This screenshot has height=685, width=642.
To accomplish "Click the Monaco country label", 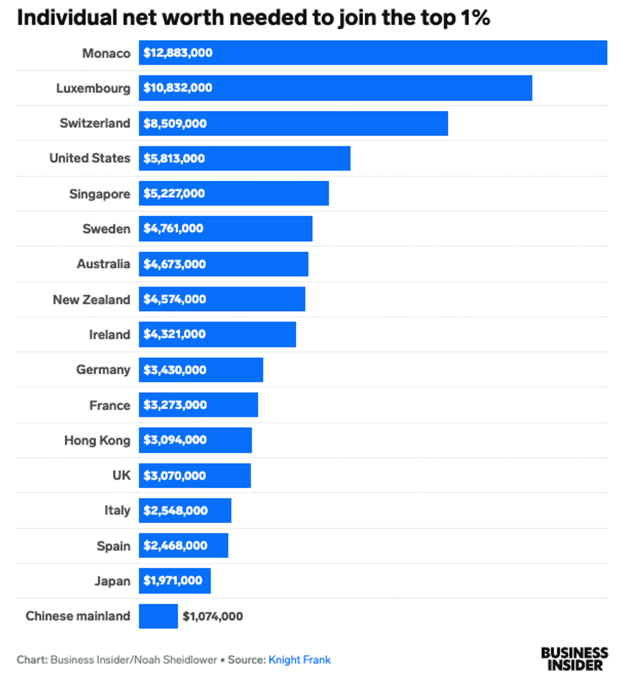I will [x=106, y=53].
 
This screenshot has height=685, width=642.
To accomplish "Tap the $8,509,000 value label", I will [x=175, y=124].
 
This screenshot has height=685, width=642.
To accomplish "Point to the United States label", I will [x=90, y=158].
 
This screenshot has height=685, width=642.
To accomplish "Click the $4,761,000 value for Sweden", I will [x=173, y=229].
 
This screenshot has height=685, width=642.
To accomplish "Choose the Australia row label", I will [x=103, y=264].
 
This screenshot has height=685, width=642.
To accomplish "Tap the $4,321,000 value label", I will [x=174, y=334].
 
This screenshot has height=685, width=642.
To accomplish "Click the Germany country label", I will [x=103, y=370].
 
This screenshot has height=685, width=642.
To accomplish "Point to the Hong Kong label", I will [x=97, y=441].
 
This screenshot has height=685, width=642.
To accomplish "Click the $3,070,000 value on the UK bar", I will [x=174, y=475].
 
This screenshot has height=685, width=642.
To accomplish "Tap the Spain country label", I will [x=113, y=546].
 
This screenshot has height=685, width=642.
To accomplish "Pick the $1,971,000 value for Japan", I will [x=173, y=581].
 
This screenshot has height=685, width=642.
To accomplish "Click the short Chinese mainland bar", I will [x=158, y=616].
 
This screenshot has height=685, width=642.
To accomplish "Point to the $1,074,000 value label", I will [x=213, y=617].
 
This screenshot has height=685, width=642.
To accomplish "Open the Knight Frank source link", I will [x=300, y=660].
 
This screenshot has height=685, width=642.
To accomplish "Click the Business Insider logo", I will [x=575, y=659].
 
